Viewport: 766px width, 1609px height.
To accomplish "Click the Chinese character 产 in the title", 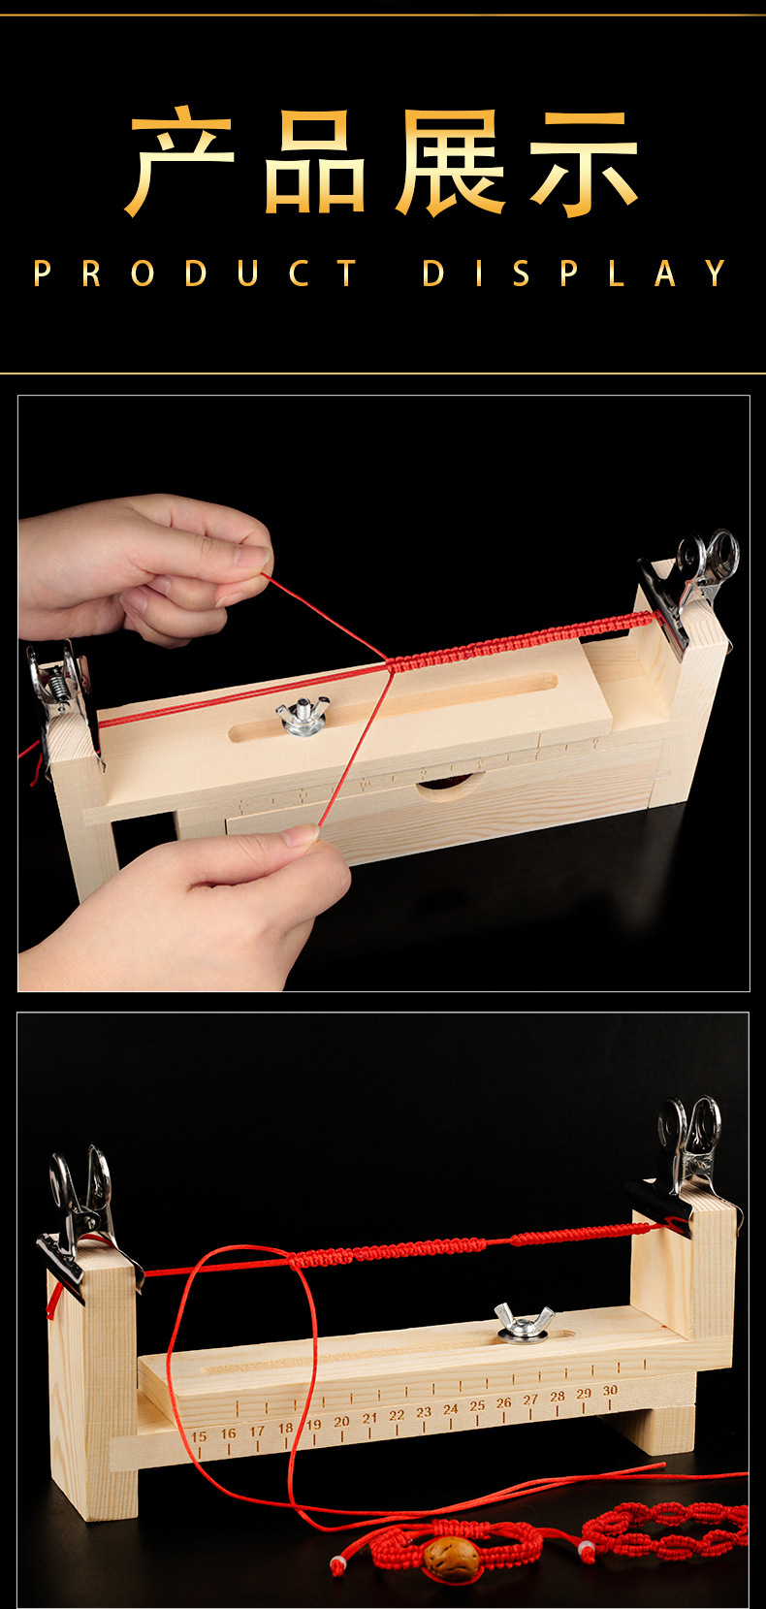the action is pos(181,161).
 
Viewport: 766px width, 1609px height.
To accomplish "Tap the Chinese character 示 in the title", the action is pos(584,163).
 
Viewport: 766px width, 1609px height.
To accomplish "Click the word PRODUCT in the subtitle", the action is pos(195,273).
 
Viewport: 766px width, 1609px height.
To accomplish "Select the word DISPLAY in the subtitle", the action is pos(574,273).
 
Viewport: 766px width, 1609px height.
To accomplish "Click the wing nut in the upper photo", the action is pos(303,716).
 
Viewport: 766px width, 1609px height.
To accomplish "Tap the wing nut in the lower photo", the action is pos(524,1323).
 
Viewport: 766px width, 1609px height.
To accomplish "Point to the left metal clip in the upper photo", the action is pos(61,696).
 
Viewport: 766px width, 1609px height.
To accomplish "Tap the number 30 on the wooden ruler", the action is pos(610,1390).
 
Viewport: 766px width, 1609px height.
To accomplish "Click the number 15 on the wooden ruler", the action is pos(199,1436).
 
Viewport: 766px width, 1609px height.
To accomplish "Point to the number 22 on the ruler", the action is pos(397,1415).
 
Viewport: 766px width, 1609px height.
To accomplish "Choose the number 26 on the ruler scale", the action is pos(504,1402).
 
